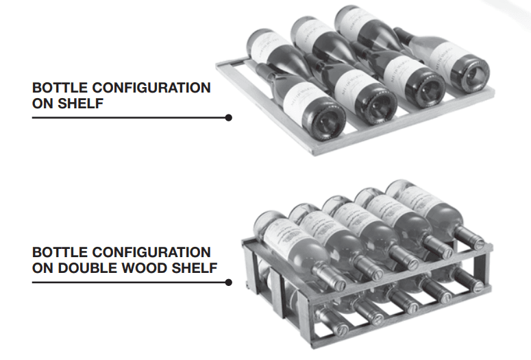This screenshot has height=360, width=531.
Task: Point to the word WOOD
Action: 149,268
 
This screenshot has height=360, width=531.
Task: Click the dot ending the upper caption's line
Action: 228,117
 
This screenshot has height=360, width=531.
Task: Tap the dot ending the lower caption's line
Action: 228,282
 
